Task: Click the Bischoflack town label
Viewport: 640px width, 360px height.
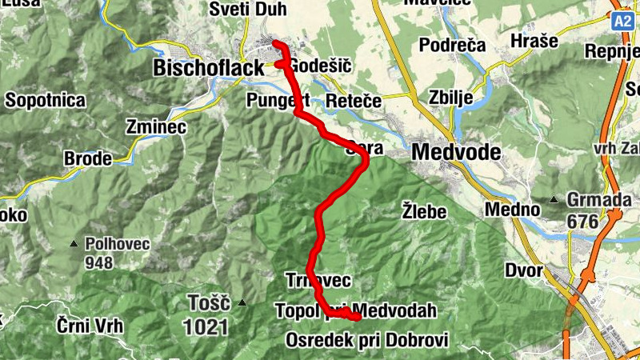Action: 208,69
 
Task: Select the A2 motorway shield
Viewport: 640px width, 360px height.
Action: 624,20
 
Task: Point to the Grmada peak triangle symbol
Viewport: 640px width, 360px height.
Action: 554,199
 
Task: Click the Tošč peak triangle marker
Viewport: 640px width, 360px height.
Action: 242,302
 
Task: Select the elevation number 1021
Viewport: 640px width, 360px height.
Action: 206,326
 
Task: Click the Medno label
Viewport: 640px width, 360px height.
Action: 510,210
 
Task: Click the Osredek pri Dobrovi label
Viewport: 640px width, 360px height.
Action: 367,339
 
